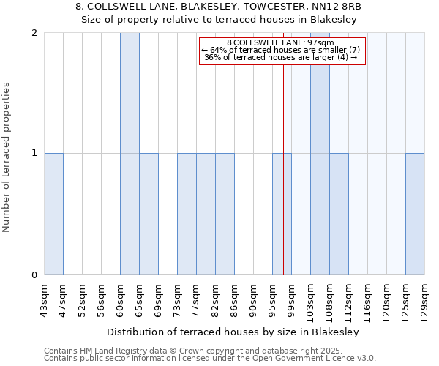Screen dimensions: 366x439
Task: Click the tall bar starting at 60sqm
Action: click(130, 154)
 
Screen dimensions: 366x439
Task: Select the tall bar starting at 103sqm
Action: click(320, 154)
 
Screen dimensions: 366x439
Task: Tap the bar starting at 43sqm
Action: click(53, 214)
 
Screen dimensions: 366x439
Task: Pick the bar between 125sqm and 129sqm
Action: click(415, 214)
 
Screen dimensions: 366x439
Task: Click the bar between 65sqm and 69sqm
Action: click(149, 214)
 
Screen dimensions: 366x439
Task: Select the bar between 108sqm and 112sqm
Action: click(339, 214)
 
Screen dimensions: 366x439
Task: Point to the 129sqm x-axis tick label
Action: click(425, 301)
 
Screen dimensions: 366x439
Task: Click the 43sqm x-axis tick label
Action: click(45, 301)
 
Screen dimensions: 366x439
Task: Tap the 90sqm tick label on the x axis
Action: click(254, 301)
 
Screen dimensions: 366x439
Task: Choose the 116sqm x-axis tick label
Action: click(368, 301)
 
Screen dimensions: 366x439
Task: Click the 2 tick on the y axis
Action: click(34, 33)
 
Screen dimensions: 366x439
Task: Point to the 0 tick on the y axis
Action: click(34, 275)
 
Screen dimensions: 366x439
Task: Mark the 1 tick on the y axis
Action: click(34, 154)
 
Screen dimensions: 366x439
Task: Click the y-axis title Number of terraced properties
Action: click(7, 157)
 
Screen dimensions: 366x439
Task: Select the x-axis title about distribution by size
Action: click(233, 332)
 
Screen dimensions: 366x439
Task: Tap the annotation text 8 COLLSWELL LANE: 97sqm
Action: click(280, 42)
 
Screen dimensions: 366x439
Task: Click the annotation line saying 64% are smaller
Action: click(280, 50)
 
